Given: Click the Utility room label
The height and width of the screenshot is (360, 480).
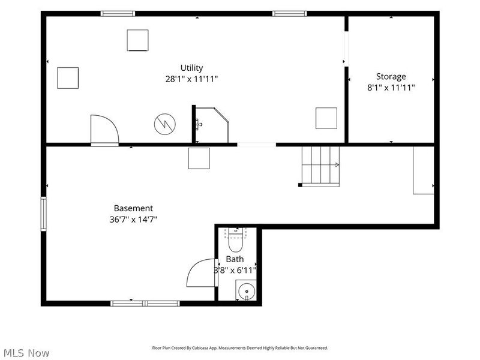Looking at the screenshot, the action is coord(191,68).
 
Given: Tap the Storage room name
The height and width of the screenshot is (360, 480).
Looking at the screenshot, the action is coord(391,76).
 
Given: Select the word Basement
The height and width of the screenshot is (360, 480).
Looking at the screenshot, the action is coord(133,208).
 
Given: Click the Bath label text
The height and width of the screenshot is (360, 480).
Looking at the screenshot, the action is coord(235,259).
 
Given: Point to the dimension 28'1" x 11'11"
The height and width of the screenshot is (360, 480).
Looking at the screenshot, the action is coord(191,79).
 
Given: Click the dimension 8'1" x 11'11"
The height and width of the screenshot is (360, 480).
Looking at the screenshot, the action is coord(391,88).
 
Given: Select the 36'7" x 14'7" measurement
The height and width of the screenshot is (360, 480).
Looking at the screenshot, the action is coord(133,220).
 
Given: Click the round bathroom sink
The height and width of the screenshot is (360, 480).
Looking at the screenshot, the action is coord(247,291).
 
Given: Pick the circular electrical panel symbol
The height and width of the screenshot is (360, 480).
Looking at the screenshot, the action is coord(164,124).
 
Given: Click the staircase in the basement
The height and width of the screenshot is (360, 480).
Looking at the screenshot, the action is coord(320,166).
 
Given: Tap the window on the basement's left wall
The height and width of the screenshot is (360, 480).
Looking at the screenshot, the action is coord(44,214).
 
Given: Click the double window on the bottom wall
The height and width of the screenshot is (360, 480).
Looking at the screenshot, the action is coord(145,304).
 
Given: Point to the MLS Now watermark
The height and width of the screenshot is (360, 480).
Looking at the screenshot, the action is coord(26,353).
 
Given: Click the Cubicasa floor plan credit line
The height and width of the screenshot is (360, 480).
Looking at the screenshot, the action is coord(240,348).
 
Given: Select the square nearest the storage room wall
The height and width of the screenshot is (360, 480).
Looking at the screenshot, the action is coord(326,118).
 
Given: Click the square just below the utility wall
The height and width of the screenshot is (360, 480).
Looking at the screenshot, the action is coord(199,158).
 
